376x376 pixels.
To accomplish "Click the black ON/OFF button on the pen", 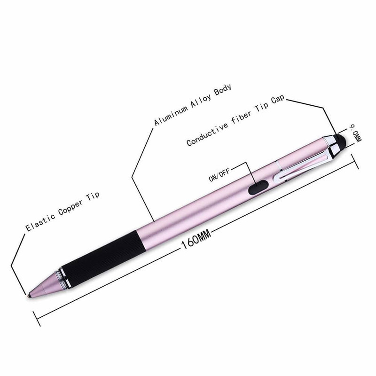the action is pyautogui.click(x=258, y=187).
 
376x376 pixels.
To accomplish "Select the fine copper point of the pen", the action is pyautogui.click(x=29, y=296).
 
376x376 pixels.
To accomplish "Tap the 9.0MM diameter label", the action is pyautogui.click(x=355, y=133).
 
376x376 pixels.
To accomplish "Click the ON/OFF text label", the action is pyautogui.click(x=219, y=174).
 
